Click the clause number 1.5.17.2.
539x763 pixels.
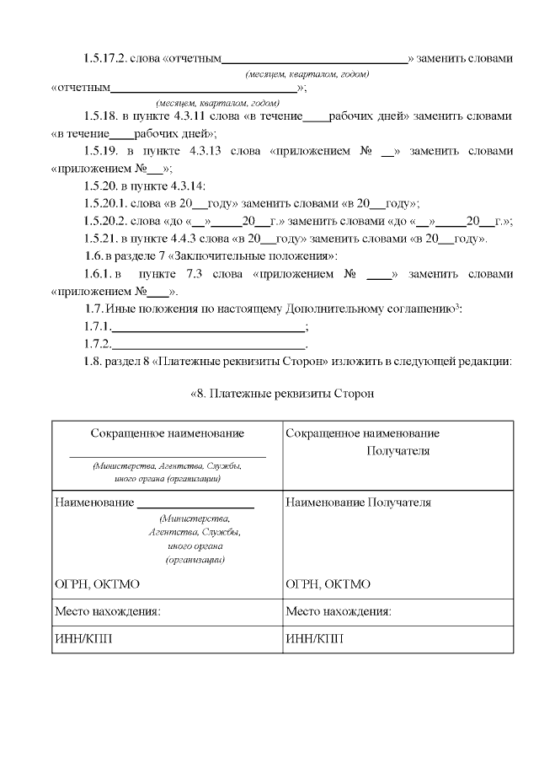pyautogui.click(x=104, y=60)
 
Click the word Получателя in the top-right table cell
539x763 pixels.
pyautogui.click(x=398, y=451)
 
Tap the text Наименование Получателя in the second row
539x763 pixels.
pyautogui.click(x=358, y=502)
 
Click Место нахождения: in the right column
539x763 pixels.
pyautogui.click(x=339, y=611)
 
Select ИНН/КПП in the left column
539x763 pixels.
pyautogui.click(x=83, y=638)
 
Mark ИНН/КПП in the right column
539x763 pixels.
pyautogui.click(x=314, y=638)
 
